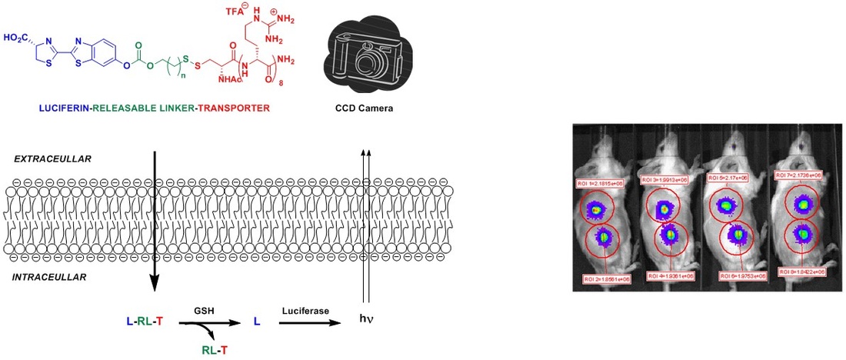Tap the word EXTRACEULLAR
coord(52,159)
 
